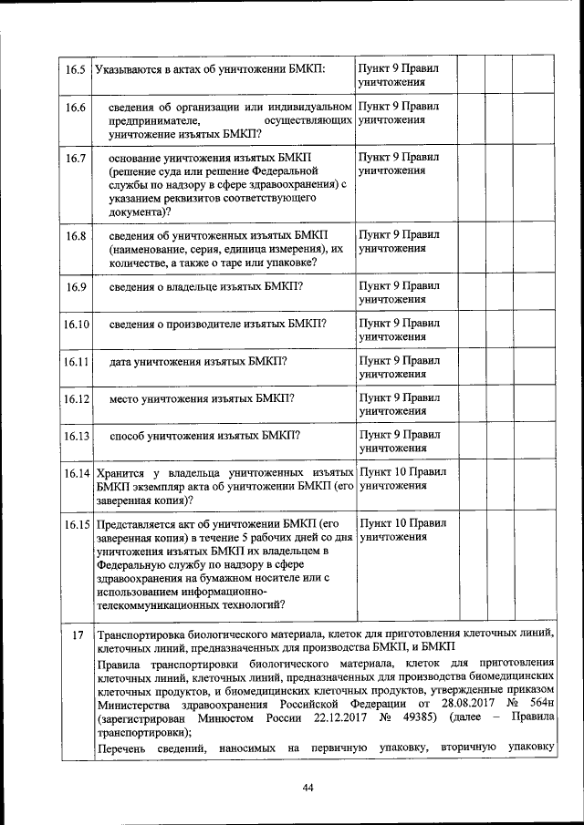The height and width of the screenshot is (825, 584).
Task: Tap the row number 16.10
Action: [x=76, y=325]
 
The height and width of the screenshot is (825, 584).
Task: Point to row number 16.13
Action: [x=76, y=437]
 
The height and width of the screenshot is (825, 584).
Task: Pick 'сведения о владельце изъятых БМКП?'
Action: [x=206, y=287]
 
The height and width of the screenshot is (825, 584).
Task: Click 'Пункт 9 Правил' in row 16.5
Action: [x=399, y=68]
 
